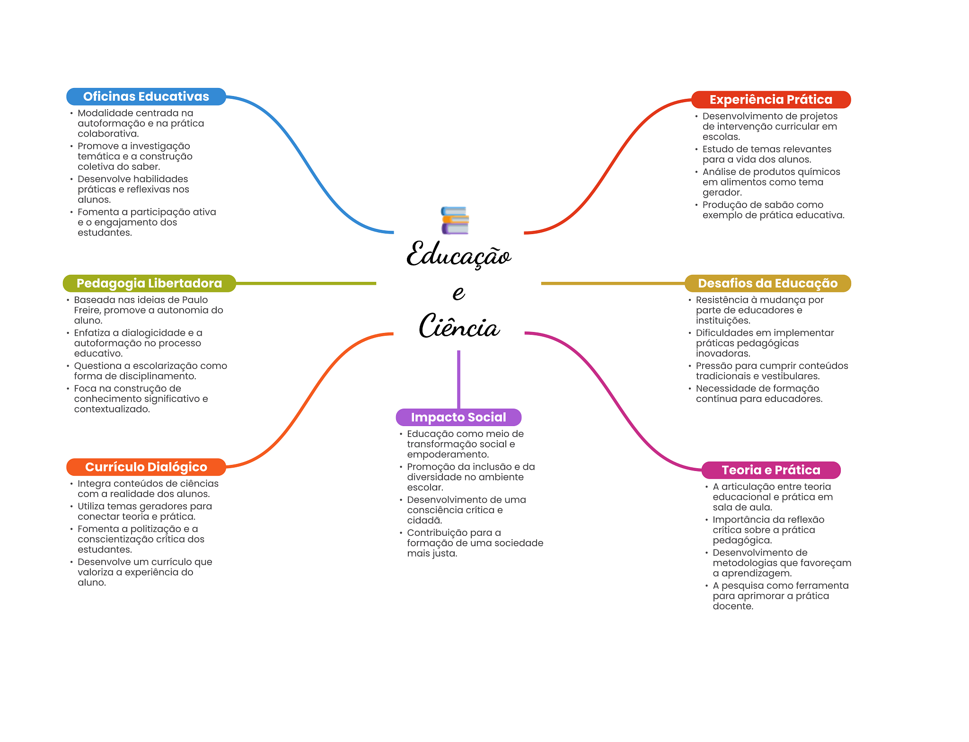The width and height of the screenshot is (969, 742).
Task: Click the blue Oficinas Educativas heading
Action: pos(146,96)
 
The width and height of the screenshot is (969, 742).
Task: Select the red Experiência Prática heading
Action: pos(771,100)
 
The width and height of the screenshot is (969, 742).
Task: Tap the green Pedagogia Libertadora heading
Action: pos(150,283)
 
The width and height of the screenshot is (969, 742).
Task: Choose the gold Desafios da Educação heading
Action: pos(767,283)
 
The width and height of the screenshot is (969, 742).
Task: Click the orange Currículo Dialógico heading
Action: pos(146,467)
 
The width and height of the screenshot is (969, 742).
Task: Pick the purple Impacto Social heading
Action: pos(458,417)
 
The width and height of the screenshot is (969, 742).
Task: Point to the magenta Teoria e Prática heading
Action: pos(771,470)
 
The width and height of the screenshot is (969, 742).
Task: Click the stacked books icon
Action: pos(455,220)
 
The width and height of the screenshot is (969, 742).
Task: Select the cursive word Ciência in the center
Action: pos(459,326)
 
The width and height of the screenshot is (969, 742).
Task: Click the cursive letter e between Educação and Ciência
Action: pos(458,293)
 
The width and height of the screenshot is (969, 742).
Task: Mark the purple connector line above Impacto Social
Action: pos(458,379)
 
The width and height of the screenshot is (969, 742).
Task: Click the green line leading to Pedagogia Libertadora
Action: pos(306,283)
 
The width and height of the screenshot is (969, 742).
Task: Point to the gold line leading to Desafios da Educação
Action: pos(613,283)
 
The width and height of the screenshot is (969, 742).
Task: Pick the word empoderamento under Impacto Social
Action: pos(448,454)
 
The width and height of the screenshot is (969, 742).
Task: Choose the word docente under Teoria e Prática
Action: pos(733,606)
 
